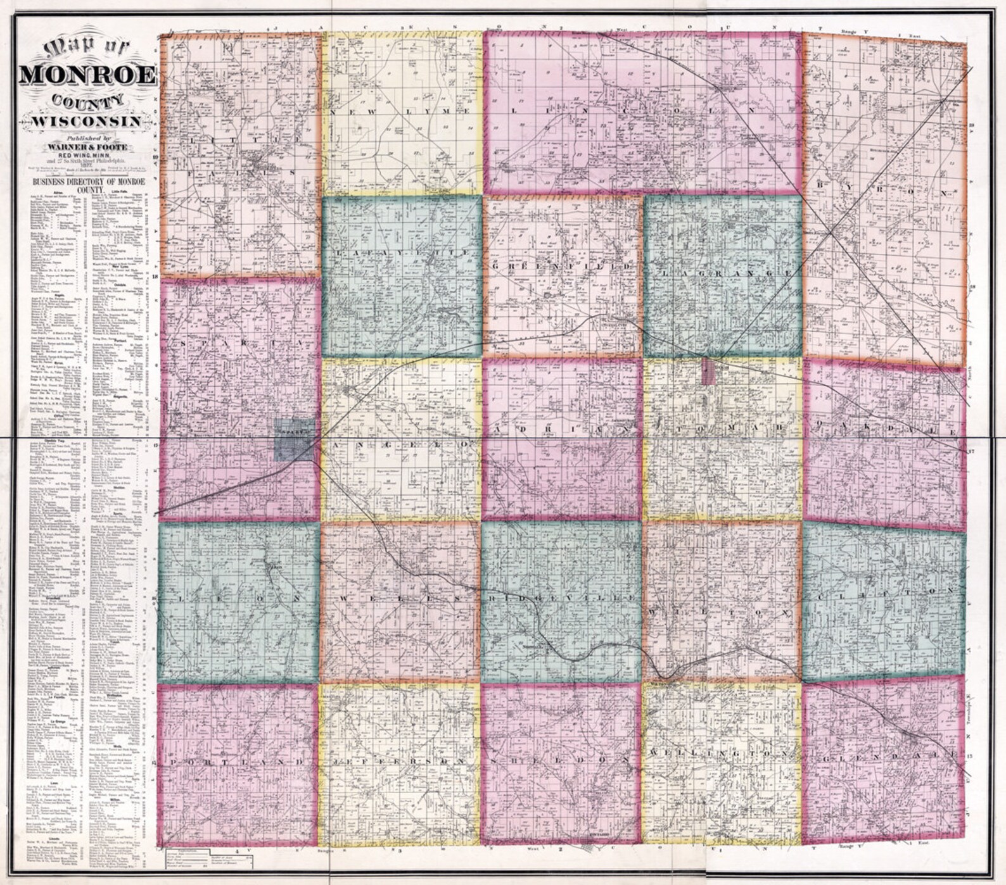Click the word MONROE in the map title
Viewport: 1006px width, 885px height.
click(87, 75)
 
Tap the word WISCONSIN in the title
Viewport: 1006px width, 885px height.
click(87, 120)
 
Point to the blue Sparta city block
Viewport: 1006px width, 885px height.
click(295, 441)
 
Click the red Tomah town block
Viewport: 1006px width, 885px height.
click(709, 372)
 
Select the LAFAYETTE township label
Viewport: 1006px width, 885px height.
click(401, 253)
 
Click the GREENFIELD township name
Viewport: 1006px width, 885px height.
click(561, 267)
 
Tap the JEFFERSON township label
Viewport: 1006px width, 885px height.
click(401, 760)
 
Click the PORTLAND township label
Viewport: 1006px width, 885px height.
click(238, 762)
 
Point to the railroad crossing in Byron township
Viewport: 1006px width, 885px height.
click(831, 232)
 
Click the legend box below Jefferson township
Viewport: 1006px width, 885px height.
click(209, 858)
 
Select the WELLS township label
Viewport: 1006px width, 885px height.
click(399, 598)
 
